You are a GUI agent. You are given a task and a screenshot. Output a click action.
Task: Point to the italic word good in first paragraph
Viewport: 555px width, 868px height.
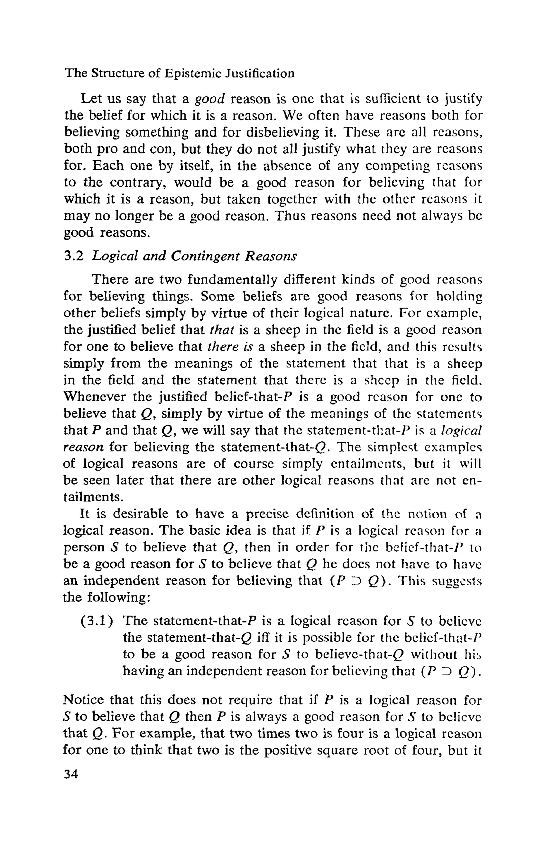pos(210,99)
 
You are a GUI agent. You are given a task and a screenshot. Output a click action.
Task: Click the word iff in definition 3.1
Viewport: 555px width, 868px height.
pos(262,638)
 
